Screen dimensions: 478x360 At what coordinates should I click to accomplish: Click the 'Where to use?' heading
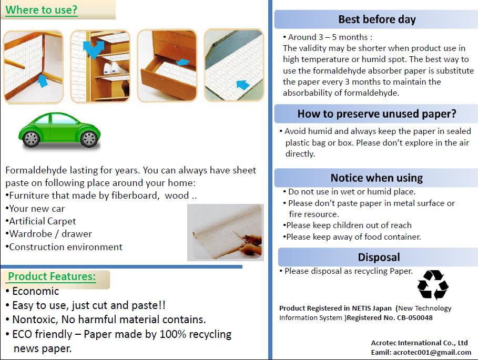point(42,10)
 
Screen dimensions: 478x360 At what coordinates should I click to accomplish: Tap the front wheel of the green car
point(89,139)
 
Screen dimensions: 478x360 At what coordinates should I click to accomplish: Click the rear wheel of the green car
point(31,139)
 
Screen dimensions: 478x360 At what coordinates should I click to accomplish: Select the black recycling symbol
point(433,285)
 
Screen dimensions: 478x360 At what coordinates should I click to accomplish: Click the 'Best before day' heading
point(377,19)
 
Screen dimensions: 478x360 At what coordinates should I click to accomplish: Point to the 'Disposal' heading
point(379,257)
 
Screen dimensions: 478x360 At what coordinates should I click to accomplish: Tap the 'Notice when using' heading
point(377,178)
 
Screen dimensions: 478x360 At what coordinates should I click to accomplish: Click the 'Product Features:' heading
point(52,276)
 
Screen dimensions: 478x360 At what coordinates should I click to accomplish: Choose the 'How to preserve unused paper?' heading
point(377,114)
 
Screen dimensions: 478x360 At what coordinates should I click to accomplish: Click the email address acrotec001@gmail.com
point(432,353)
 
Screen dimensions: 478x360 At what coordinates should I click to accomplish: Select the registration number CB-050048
point(414,317)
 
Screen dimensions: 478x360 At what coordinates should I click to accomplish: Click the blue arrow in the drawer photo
point(182,62)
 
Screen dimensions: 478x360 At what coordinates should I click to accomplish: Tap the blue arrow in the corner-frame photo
point(43,81)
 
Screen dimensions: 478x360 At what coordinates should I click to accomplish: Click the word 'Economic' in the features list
point(36,291)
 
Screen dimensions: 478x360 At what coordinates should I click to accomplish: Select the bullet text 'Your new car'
point(37,209)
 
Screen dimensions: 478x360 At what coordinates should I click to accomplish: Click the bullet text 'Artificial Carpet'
point(43,221)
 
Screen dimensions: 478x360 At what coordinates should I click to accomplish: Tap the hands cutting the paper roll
point(250,243)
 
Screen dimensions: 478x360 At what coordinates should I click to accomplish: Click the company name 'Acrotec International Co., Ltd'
point(419,343)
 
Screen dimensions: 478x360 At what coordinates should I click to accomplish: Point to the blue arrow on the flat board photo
point(243,85)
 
